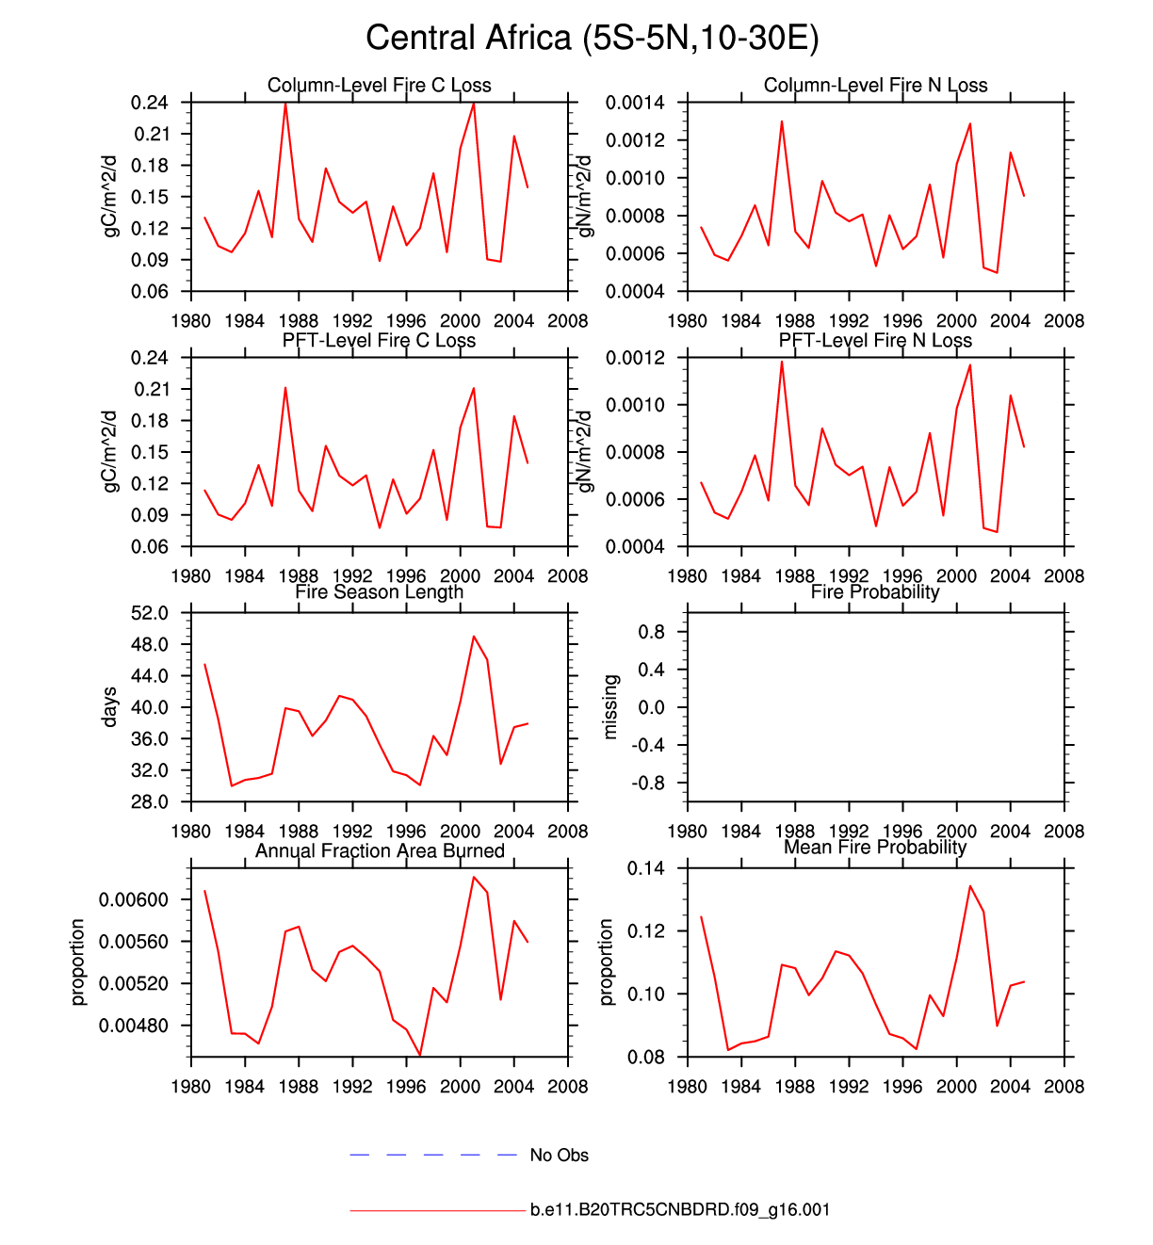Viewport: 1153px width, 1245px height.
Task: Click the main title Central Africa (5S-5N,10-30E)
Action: pos(593,38)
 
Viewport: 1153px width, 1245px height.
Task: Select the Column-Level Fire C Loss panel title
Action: pos(379,86)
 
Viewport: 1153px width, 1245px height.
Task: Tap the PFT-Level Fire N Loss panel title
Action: pos(875,341)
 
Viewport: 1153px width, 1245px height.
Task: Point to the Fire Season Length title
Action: pos(379,592)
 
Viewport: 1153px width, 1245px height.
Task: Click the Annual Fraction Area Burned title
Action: pos(380,851)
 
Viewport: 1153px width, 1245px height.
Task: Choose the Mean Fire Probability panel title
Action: pos(875,848)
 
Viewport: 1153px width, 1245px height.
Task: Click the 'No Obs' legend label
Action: pos(559,1156)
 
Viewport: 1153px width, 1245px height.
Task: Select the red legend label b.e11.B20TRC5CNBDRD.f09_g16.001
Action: pos(680,1210)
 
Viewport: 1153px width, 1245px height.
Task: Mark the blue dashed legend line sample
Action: pos(433,1155)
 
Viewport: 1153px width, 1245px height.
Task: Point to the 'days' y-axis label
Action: pos(109,707)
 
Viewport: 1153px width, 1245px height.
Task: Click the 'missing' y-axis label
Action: pos(610,707)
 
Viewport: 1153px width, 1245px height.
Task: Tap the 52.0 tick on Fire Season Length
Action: pos(151,613)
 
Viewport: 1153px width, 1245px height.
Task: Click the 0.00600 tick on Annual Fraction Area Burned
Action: pos(134,900)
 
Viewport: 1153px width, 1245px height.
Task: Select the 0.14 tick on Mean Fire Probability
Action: pos(645,868)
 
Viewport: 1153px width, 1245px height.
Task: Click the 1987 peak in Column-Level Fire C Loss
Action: pos(285,103)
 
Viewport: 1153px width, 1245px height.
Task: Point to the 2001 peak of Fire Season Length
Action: pos(474,637)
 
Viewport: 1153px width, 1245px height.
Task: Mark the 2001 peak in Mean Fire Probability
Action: pos(970,886)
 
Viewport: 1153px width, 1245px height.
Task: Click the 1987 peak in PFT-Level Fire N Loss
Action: pos(782,362)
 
